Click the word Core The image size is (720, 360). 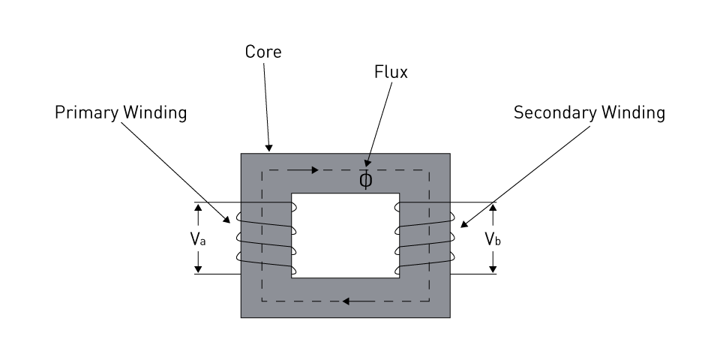263,52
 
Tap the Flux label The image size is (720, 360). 391,72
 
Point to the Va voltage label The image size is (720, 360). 198,238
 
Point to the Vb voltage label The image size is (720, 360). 493,238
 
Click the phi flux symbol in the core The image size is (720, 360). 365,180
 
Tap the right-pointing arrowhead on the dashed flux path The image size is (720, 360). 315,170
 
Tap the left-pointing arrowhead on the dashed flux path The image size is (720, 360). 346,301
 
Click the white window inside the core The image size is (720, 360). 345,235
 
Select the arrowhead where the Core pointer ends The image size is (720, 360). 268,148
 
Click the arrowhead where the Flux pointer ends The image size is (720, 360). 367,163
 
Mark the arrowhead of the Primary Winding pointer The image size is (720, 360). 226,220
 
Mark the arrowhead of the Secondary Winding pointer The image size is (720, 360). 464,224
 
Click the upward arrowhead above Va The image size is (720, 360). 198,208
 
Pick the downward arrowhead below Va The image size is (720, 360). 198,269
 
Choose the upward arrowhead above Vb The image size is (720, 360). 493,208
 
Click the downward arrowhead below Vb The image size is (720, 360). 493,269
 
